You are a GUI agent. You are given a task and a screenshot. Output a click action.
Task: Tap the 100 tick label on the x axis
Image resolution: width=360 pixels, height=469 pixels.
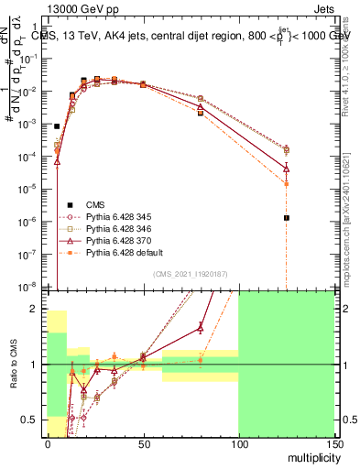click(x=238, y=444)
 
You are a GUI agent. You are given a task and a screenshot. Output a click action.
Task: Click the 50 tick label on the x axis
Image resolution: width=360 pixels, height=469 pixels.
click(x=143, y=444)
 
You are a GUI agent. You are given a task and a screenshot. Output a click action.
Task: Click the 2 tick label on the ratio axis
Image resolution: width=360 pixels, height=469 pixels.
click(x=37, y=309)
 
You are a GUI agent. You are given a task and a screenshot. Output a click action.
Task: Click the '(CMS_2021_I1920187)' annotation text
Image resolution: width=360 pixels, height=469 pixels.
click(x=190, y=275)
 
